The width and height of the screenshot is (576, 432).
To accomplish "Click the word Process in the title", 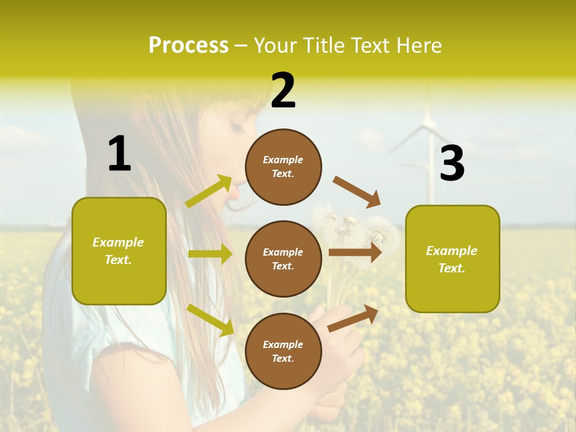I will point(188,45).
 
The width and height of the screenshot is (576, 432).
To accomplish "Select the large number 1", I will point(119,154).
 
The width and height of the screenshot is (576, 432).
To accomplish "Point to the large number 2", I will point(283,91).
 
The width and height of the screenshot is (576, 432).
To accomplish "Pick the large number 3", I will point(452,163).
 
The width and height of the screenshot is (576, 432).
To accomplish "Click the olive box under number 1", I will point(119,251).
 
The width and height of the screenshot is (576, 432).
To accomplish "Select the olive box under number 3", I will point(452,259).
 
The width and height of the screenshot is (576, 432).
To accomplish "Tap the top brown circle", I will point(283,167).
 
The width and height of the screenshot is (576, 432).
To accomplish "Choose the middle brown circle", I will point(283,259).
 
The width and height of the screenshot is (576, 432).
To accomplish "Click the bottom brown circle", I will point(283,351).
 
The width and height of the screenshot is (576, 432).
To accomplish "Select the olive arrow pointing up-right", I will point(209,191).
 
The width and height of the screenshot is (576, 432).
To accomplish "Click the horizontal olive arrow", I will point(210,254).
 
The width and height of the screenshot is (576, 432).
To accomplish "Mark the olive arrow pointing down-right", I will point(210,320).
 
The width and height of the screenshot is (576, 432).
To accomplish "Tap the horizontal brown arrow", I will point(355,252).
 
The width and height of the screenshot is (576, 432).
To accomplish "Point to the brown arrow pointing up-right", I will point(353,318).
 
